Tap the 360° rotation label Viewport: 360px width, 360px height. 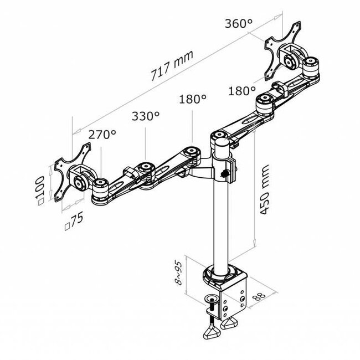239,24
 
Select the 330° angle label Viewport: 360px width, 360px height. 146,116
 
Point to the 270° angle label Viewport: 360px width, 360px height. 102,134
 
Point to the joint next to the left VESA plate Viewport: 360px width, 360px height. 100,184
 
